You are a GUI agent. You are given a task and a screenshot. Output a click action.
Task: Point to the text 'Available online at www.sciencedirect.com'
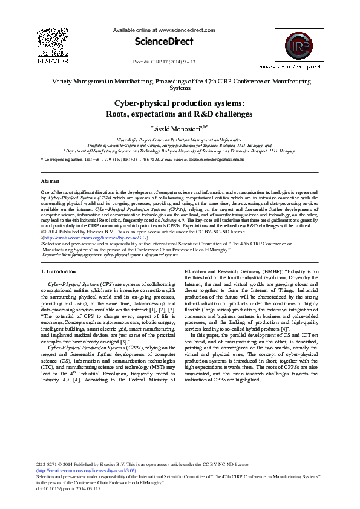(163, 29)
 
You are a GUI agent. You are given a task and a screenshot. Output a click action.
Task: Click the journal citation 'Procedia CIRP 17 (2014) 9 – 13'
(163, 62)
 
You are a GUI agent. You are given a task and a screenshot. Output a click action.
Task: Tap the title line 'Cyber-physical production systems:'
(180, 103)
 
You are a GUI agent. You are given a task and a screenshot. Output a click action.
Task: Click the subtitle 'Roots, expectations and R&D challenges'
(180, 114)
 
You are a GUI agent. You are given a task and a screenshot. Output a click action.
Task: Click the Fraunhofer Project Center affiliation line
(179, 139)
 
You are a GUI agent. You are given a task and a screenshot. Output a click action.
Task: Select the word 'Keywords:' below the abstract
(52, 255)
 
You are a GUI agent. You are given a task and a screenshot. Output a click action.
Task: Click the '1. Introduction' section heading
(58, 271)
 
